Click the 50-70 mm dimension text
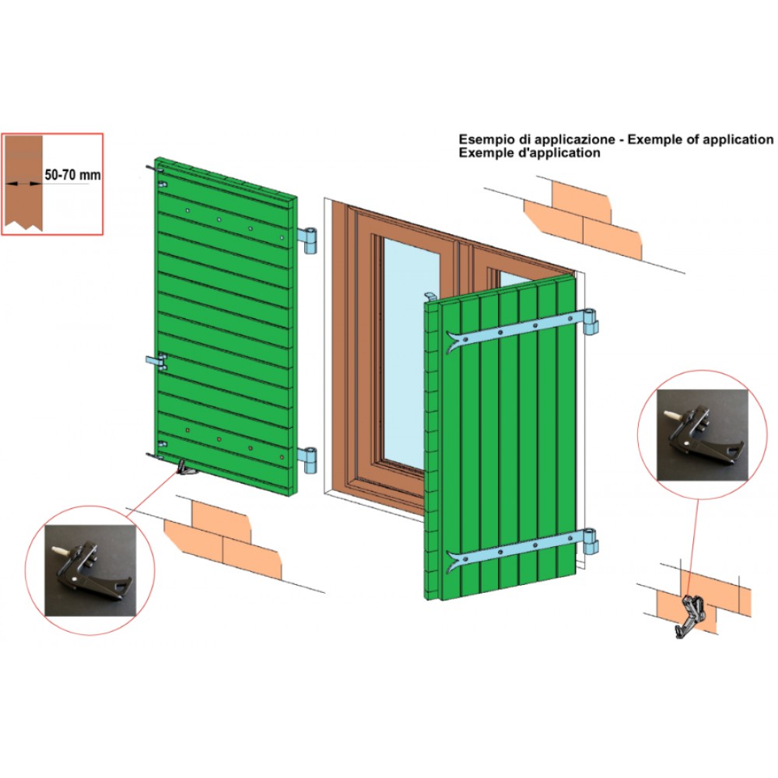(72, 176)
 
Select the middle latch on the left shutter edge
(158, 361)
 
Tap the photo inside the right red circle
(702, 434)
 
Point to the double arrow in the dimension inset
(23, 183)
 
